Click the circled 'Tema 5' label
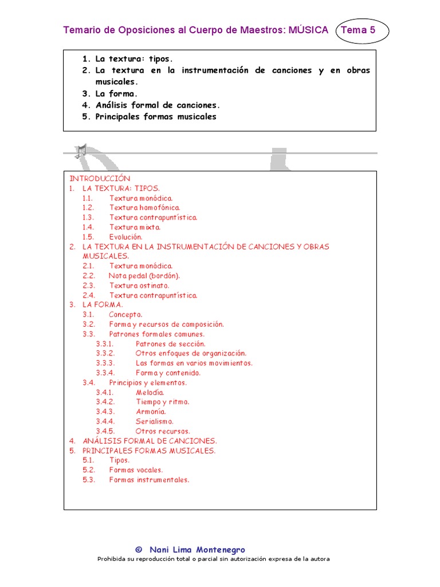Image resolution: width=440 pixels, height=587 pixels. click(359, 30)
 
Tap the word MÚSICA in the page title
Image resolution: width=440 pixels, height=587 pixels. click(309, 30)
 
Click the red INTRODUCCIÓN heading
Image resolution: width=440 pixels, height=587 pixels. click(100, 178)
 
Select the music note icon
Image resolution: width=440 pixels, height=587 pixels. click(80, 151)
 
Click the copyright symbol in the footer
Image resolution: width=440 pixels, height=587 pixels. click(138, 550)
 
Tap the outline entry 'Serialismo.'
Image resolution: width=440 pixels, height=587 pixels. click(154, 421)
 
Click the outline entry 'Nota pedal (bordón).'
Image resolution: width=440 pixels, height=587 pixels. click(144, 276)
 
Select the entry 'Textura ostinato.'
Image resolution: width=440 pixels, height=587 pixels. click(139, 285)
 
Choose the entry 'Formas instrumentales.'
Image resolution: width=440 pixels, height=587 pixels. click(149, 480)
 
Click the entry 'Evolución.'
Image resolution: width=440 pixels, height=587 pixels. click(125, 237)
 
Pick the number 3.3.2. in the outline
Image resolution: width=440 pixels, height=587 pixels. click(105, 353)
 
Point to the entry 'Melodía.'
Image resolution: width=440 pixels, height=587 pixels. click(150, 392)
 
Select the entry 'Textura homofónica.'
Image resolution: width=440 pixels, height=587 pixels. click(144, 208)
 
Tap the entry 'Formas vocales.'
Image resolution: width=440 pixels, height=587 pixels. click(136, 470)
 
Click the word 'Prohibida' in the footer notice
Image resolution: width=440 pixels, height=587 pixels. click(111, 559)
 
